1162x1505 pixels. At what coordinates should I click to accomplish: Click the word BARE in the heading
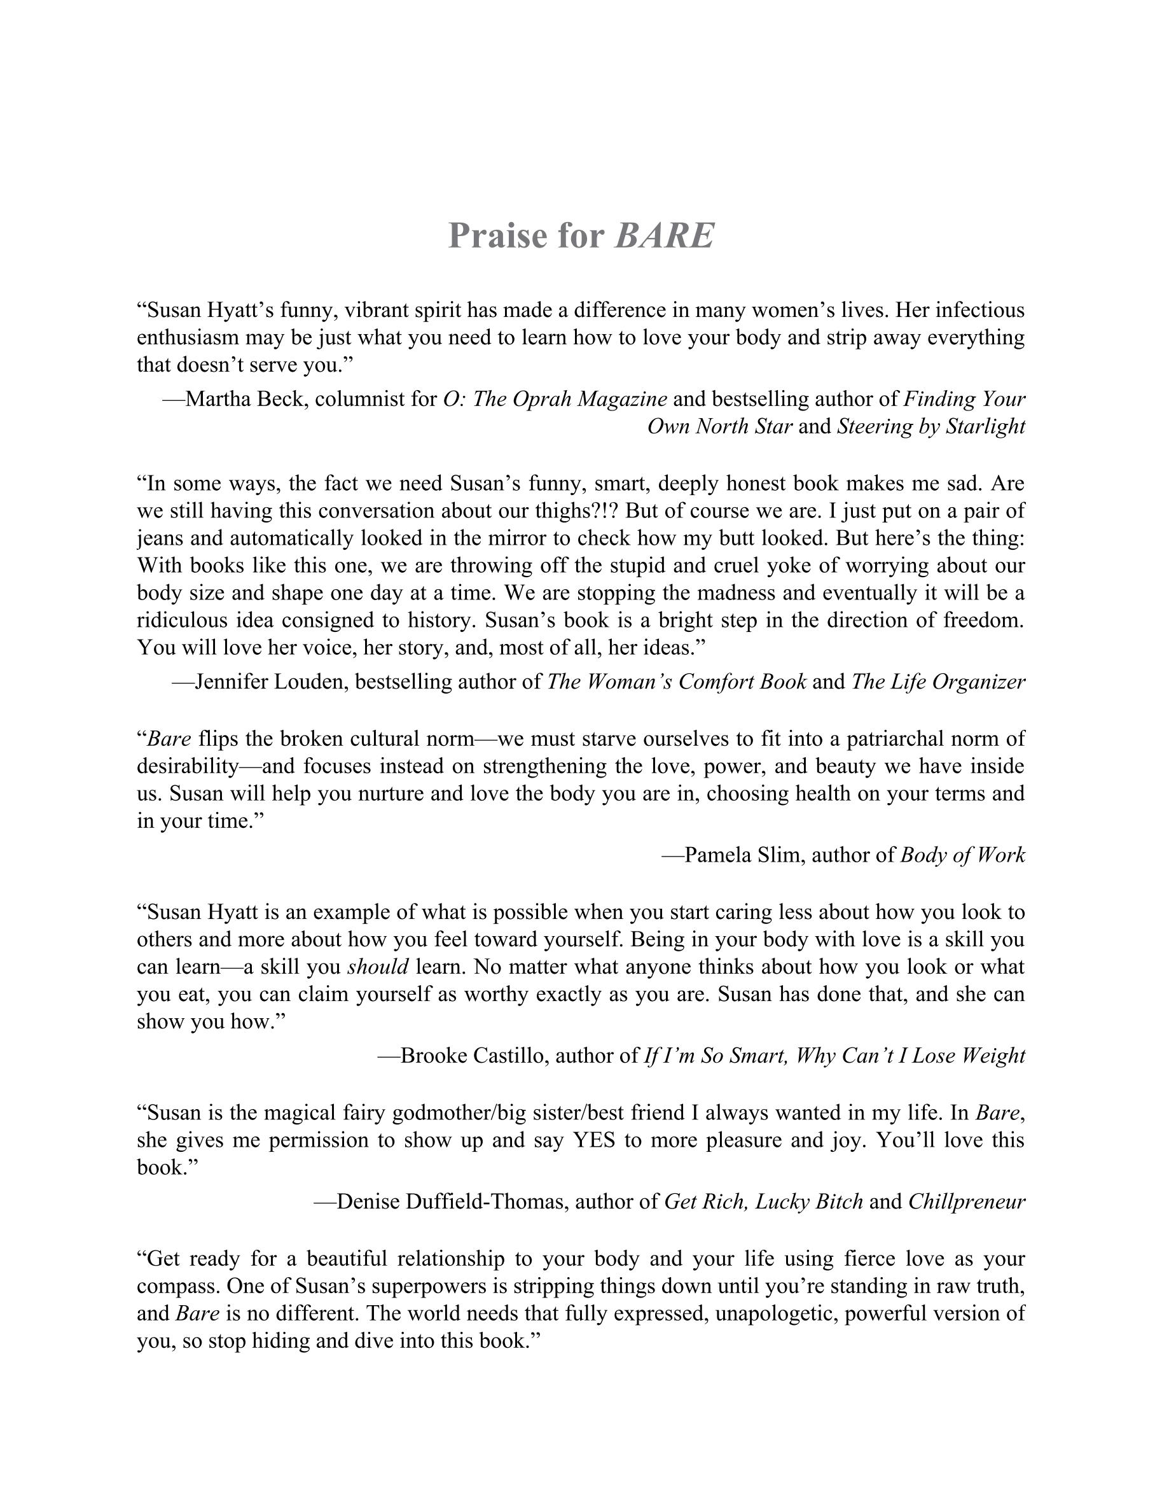(x=664, y=235)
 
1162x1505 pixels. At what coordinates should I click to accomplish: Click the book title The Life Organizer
(x=938, y=682)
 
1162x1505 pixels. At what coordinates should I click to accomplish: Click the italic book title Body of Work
(x=962, y=855)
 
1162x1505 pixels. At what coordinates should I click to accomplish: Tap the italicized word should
(x=378, y=967)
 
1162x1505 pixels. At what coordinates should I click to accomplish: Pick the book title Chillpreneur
(x=966, y=1202)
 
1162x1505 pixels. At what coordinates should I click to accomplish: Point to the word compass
(x=177, y=1286)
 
